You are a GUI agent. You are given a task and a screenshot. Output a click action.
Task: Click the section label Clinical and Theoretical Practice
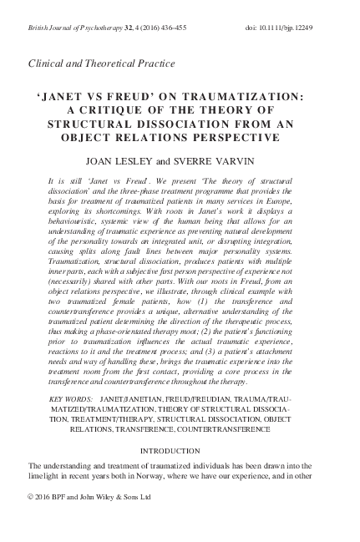(102, 63)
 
